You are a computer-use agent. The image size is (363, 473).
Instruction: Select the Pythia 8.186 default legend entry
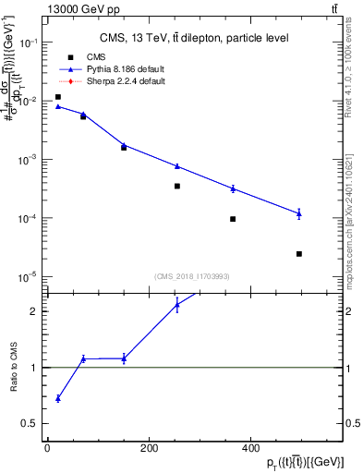(114, 69)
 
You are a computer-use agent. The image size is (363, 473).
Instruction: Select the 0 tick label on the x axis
(47, 449)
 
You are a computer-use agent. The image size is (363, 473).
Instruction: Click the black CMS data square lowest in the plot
(299, 253)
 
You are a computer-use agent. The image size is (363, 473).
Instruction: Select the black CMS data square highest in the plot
(57, 97)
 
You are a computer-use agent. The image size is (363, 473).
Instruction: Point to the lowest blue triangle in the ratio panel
(57, 398)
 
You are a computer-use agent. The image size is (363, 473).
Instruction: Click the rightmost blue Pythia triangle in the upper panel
(299, 213)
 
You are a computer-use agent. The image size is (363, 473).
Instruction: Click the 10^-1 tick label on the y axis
(29, 43)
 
